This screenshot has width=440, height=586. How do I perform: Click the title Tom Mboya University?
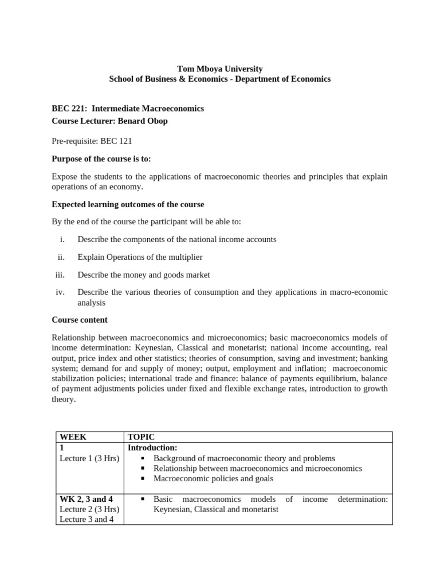pos(220,69)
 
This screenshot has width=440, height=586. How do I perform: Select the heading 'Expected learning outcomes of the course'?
pos(128,204)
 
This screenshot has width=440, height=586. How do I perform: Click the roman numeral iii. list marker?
pos(60,275)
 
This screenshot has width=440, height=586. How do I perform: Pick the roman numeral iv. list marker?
pos(60,292)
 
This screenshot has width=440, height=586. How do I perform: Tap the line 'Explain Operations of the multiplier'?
pos(140,257)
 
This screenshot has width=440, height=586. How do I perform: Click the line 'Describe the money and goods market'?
pos(144,275)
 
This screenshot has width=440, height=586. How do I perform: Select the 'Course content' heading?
pos(80,320)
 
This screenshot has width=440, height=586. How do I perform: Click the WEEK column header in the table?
pos(73,437)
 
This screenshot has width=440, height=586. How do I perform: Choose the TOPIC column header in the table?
pos(141,437)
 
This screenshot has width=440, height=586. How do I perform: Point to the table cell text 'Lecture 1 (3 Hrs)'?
pos(89,458)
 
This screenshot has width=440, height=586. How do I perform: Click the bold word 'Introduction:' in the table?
pos(152,447)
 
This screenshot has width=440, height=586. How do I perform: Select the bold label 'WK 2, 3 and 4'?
pos(83,499)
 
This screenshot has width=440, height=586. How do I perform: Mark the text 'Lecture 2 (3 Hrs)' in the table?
pos(89,509)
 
